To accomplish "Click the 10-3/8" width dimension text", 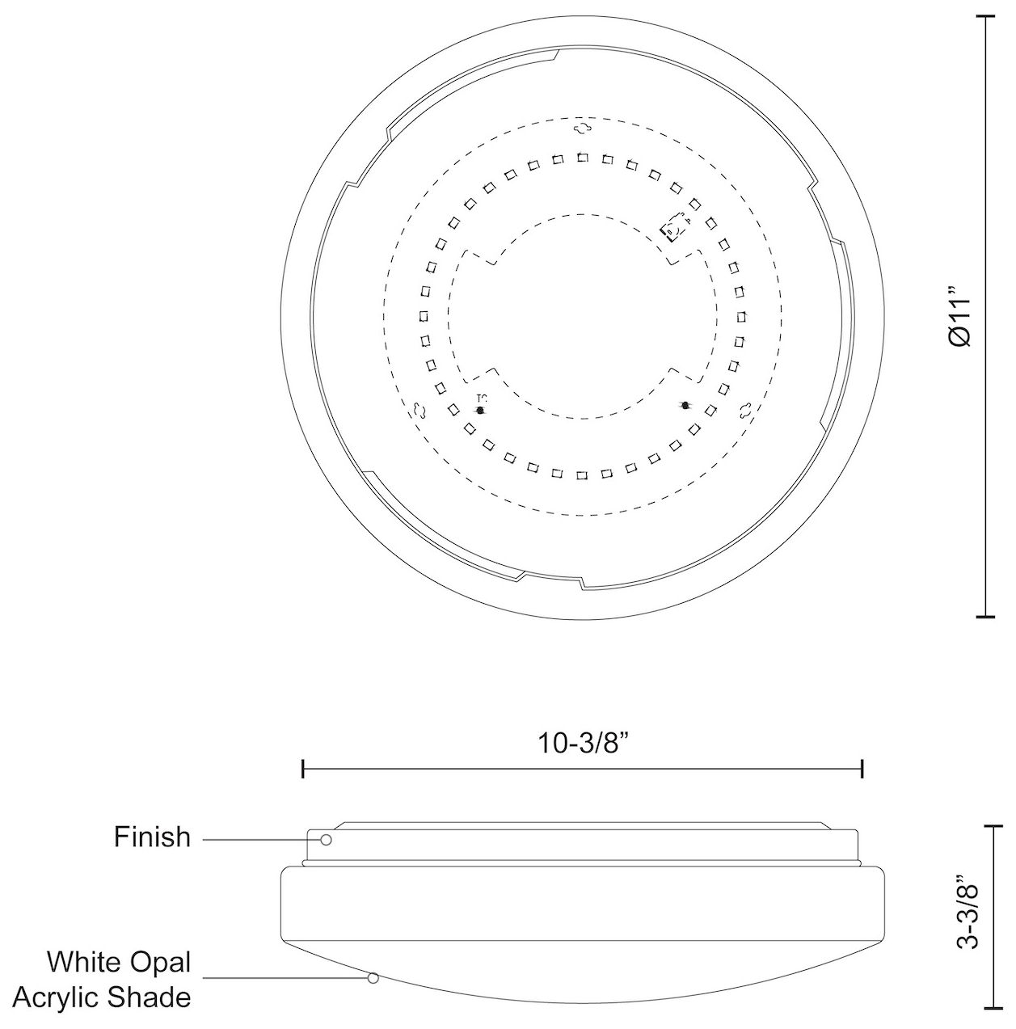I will pos(583,743).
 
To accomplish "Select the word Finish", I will pos(152,837).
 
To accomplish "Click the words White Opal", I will pos(119,962).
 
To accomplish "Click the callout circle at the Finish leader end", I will pos(327,840).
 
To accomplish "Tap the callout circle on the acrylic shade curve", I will pos(373,978).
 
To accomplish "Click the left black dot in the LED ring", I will pos(481,411).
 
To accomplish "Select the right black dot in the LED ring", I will pos(685,405).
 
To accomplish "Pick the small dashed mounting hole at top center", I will pos(583,128).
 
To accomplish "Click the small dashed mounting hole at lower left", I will pos(418,410).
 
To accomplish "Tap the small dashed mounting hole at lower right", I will pos(745,410).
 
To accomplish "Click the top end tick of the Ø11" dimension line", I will pos(985,16).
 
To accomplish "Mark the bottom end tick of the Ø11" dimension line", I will pos(985,617).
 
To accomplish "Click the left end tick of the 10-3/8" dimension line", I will pos(302,769).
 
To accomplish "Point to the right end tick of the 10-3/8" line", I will pos(863,769).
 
